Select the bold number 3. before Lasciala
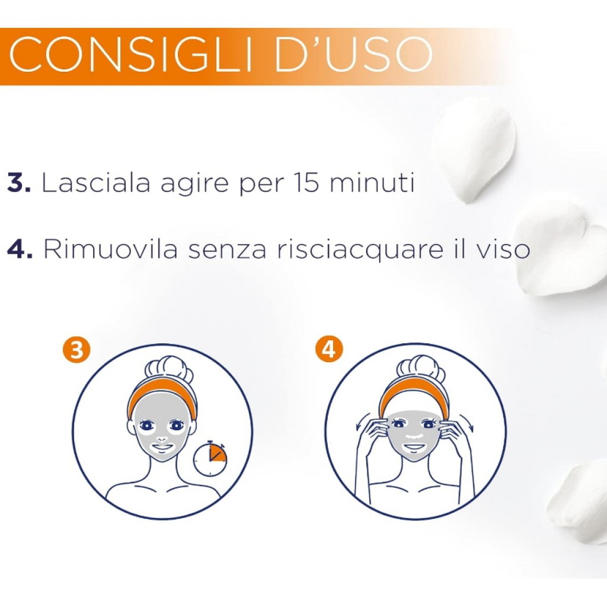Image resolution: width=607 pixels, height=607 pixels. tap(18, 183)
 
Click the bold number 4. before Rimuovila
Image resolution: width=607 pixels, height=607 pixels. tap(20, 249)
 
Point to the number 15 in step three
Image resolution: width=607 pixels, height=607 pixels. tap(306, 183)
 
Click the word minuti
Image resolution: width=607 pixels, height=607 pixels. tap(372, 182)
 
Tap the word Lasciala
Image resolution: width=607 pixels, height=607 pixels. tap(95, 182)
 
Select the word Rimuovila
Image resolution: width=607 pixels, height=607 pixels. tap(111, 248)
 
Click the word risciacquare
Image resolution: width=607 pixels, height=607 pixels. tap(359, 250)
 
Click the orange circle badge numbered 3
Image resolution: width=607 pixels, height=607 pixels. tap(76, 351)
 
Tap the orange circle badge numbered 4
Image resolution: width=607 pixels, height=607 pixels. tap(328, 350)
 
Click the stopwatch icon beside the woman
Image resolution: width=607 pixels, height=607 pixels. tap(210, 458)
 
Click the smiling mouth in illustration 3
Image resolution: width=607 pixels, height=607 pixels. tap(162, 448)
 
